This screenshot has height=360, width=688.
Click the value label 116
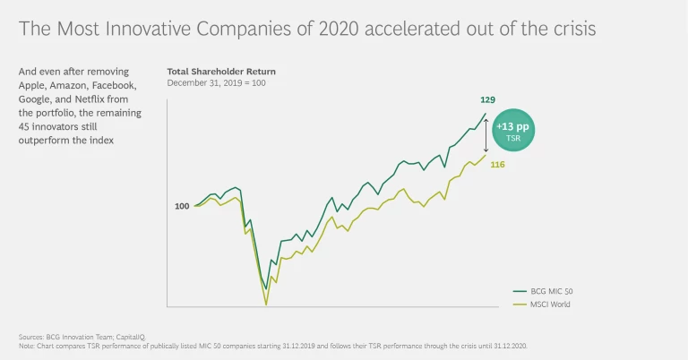497,166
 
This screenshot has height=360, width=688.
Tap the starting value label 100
182,206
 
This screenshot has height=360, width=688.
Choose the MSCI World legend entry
546,304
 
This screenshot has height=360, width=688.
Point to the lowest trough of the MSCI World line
266,304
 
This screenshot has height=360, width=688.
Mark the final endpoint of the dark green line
486,114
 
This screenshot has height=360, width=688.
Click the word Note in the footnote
26,345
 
